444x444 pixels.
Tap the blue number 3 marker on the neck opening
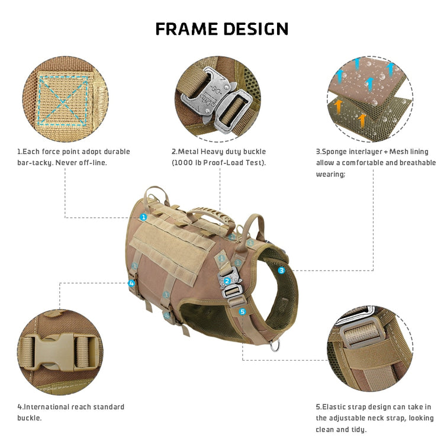pos(281,270)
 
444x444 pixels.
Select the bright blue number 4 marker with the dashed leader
pos(131,283)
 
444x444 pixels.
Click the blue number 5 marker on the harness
pos(242,311)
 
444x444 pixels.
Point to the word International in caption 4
pos(47,407)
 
